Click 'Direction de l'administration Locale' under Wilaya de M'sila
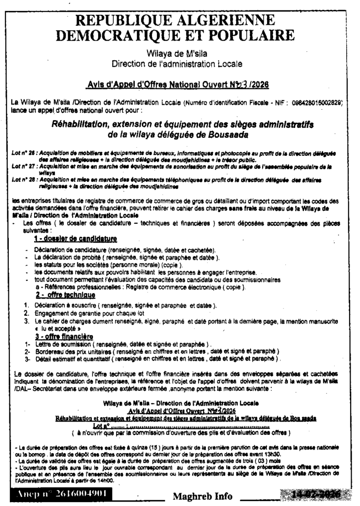[177, 63]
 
